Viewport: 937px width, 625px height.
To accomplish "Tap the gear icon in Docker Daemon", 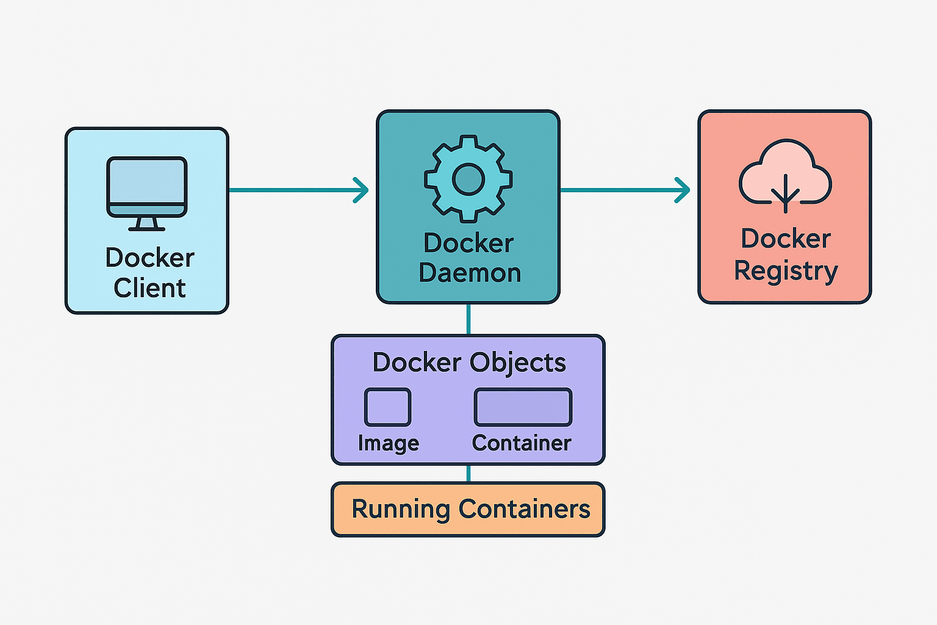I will click(468, 178).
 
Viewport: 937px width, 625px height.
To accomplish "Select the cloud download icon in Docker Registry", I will click(785, 175).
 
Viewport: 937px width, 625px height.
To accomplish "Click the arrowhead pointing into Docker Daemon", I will click(362, 190).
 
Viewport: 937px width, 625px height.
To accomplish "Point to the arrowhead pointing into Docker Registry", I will click(683, 190).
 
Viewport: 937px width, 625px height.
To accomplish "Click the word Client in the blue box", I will click(149, 288).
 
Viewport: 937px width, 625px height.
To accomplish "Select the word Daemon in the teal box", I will click(470, 273).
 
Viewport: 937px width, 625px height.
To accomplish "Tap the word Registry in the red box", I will click(786, 270).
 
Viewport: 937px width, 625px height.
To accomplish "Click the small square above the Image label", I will click(387, 407).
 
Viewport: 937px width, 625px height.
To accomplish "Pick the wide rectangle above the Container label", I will click(523, 407).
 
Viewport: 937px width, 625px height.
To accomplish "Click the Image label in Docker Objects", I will click(389, 443).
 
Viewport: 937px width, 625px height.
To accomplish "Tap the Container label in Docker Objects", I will click(522, 443).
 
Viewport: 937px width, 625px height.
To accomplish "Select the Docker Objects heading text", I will click(469, 363).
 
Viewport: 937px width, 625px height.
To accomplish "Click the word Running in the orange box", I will click(401, 509).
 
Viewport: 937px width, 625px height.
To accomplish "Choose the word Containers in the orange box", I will click(525, 509).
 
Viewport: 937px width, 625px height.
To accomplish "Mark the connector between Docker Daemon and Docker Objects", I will click(468, 319).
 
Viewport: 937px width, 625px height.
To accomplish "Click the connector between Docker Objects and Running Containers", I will click(468, 474).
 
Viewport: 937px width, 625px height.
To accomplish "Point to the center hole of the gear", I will click(468, 179).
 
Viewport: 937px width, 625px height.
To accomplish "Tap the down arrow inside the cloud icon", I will click(785, 193).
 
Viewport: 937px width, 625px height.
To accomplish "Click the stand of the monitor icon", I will click(147, 223).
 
